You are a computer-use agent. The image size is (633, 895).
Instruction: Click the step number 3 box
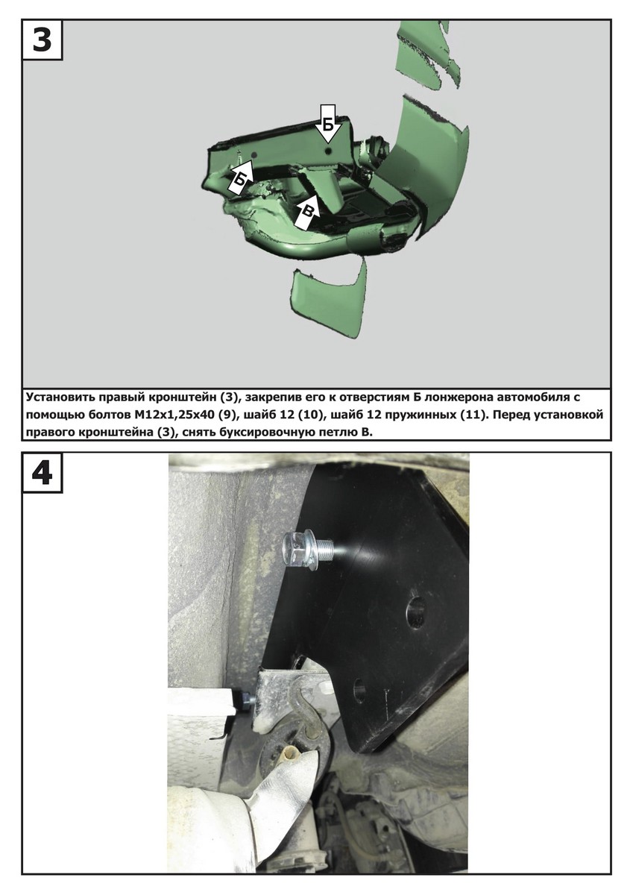(x=42, y=40)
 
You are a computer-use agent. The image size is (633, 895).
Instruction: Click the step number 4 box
(x=42, y=473)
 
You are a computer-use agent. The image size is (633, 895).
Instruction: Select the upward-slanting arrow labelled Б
(x=241, y=178)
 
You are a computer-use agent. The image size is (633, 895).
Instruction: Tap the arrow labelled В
(x=307, y=213)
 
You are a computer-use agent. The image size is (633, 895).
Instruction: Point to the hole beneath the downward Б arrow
(x=328, y=151)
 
